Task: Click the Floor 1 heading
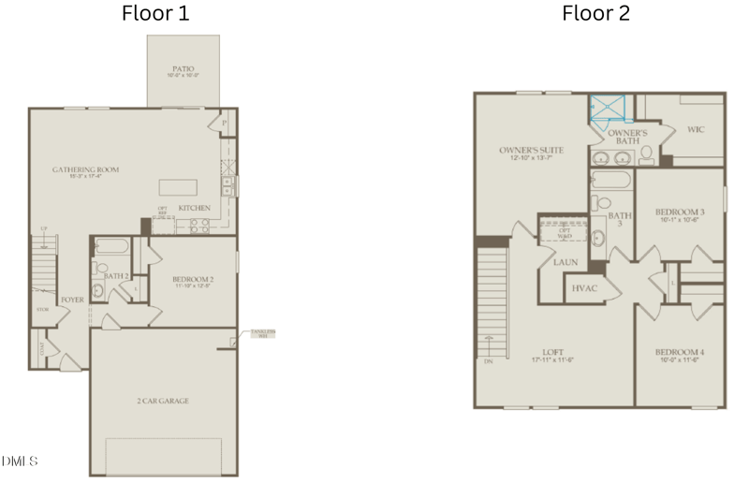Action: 157,13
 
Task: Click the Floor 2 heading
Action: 595,13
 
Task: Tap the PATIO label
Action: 184,68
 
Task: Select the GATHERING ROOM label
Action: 85,169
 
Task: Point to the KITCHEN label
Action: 195,208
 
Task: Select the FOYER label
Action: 72,300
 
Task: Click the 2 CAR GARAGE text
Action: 163,400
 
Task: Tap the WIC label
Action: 695,130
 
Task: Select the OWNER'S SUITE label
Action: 530,150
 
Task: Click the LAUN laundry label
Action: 565,262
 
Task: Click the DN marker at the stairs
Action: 487,361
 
